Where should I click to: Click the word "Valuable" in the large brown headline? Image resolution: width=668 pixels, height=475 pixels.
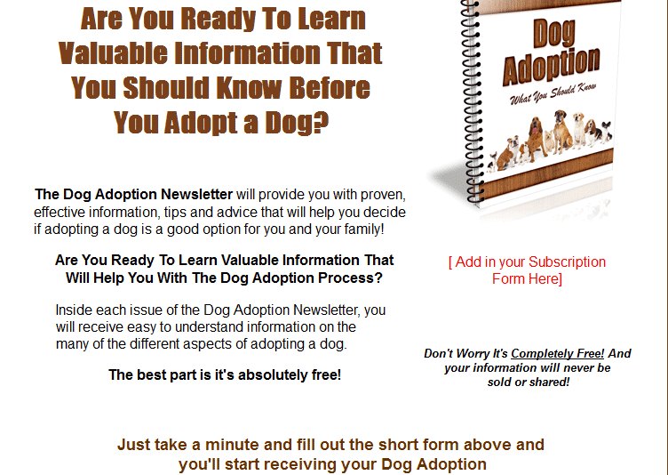click(x=113, y=53)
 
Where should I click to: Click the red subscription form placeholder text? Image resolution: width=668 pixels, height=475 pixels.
click(x=527, y=270)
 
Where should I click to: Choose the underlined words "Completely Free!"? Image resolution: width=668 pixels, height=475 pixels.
click(x=557, y=353)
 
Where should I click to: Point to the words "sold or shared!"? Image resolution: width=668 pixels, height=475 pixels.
click(x=529, y=382)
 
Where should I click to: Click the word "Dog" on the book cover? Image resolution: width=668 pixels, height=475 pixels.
click(x=553, y=33)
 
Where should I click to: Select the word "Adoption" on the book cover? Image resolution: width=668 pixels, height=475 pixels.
click(x=552, y=66)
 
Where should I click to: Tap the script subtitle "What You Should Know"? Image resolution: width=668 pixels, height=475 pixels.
click(x=553, y=94)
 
